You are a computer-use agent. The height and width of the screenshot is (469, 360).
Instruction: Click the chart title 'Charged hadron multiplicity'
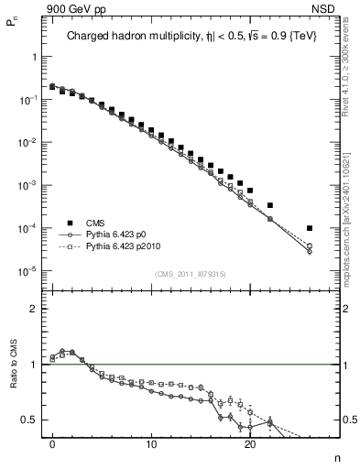[138, 38]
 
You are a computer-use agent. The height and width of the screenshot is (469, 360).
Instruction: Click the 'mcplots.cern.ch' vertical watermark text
[351, 256]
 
